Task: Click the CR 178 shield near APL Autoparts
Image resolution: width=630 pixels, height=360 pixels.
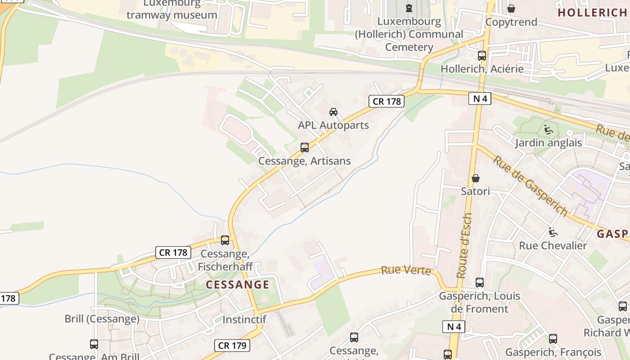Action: pos(387,101)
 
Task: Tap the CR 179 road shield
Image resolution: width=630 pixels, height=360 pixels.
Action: pos(232,346)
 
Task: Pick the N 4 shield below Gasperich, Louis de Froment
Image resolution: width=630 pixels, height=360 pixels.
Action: pos(454,327)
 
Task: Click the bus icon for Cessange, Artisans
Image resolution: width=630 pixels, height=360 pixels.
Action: pos(305,148)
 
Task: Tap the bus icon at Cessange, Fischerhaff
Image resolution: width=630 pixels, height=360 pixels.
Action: pos(225,240)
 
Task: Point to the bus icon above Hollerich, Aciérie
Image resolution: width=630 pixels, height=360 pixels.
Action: pos(482,56)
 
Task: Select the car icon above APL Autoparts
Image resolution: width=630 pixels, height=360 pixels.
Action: pos(333,112)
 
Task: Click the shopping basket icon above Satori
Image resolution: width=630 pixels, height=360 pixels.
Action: pos(476,178)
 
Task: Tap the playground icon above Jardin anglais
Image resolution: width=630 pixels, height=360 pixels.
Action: pos(548,130)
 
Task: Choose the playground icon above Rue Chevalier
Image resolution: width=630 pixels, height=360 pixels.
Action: pos(553,232)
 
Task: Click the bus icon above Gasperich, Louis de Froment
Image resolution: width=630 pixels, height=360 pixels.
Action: pos(480,283)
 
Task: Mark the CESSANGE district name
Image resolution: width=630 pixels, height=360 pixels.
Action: pos(238,284)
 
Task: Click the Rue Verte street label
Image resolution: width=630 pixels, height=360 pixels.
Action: pos(406,271)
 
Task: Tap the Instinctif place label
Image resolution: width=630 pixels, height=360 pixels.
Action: pos(244,319)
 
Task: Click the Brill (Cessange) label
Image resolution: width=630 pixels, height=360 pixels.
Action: pos(102,319)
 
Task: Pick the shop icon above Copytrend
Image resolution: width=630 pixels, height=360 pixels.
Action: pos(511,9)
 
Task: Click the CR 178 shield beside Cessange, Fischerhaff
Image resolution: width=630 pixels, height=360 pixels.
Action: pos(173,252)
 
